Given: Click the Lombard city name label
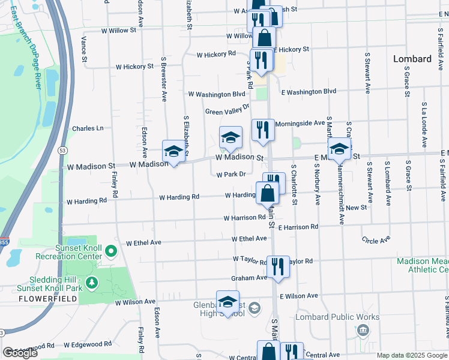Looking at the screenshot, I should [412, 59].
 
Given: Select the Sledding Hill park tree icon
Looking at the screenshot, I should [92, 281].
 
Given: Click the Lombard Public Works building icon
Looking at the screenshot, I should [362, 330].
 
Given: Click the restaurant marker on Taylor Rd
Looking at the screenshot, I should [277, 267].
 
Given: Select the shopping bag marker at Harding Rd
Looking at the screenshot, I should [268, 193].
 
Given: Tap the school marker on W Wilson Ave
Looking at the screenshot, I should [228, 302].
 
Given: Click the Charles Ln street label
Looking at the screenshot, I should [88, 128].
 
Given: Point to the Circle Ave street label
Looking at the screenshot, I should [376, 241].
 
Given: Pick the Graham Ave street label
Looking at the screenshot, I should [249, 278].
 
